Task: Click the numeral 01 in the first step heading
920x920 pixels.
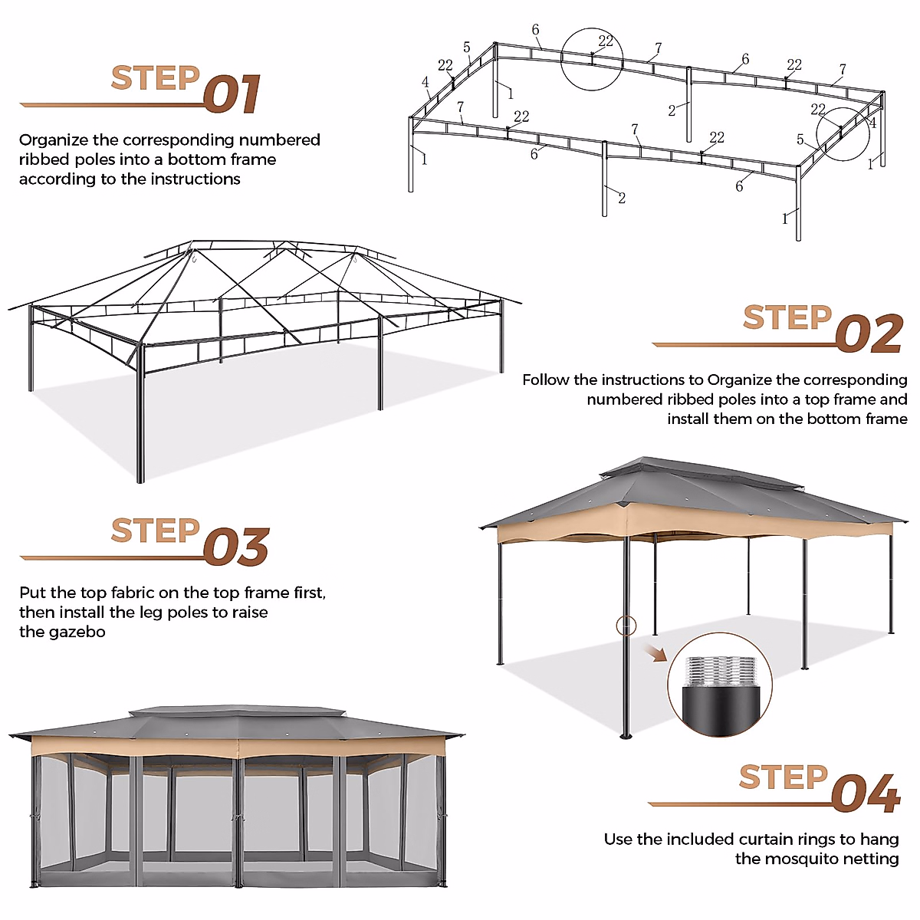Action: (232, 95)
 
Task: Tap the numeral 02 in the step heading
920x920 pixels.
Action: (869, 335)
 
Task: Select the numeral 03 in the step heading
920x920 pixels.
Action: (236, 547)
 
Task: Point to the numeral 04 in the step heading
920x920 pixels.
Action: (866, 794)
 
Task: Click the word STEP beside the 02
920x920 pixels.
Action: (787, 318)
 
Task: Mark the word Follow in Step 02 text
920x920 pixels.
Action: (546, 380)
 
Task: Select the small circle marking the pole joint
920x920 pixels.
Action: (626, 626)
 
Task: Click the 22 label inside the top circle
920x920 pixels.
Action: (606, 41)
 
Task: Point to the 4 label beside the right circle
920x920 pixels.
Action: (872, 123)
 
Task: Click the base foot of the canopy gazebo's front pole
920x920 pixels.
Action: (626, 736)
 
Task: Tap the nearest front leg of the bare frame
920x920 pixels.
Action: (140, 418)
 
